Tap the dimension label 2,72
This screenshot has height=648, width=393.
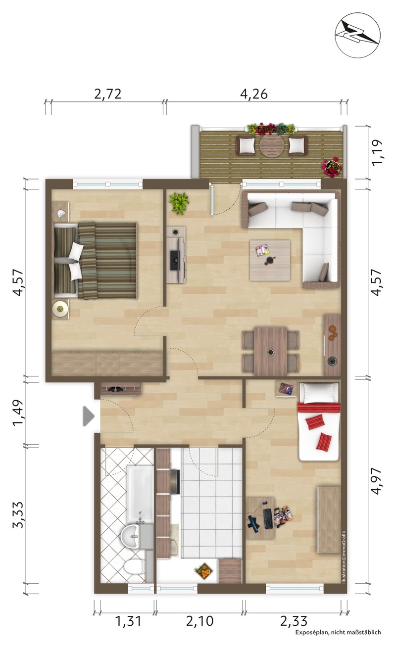[x=107, y=94]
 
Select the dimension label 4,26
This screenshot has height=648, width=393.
[x=254, y=94]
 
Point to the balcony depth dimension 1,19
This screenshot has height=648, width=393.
[x=377, y=152]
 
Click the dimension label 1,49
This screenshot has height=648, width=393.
[x=18, y=413]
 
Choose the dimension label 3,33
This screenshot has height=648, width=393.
[x=18, y=514]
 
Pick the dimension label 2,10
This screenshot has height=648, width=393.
[x=199, y=621]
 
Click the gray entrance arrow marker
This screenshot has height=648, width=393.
[x=89, y=416]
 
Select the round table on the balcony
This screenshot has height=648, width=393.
[x=272, y=146]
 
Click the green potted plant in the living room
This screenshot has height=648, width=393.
[x=179, y=203]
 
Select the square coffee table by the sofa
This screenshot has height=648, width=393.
[x=270, y=260]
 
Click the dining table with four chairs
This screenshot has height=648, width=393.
[x=271, y=351]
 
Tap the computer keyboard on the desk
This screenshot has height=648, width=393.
[x=268, y=519]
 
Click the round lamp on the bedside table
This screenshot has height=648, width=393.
[x=60, y=309]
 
